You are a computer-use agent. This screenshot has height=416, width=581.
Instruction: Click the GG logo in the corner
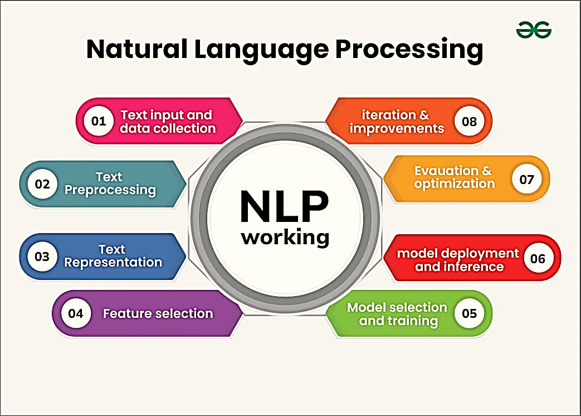533,30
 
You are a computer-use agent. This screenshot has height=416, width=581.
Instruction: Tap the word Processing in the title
408,50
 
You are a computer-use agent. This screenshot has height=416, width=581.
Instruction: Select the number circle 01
99,121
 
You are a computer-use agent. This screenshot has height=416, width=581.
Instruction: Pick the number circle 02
42,183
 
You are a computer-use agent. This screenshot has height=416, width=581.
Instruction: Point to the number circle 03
42,257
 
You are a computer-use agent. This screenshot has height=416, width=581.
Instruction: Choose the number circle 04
75,313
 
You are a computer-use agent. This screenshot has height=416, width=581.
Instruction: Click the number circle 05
469,313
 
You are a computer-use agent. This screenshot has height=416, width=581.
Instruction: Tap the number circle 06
538,259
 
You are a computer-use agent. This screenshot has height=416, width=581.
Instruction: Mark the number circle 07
526,180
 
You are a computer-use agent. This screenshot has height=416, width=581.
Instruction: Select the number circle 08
469,121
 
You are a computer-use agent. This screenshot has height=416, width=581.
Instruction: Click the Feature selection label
158,313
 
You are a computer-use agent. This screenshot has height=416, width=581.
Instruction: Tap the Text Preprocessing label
110,183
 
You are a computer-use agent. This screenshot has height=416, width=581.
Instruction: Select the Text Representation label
113,255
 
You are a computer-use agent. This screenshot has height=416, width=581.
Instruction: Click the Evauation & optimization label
454,177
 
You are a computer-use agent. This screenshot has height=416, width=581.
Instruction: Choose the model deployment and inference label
458,260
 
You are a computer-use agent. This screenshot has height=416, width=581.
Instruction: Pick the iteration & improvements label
397,121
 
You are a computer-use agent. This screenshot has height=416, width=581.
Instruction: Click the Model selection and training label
397,314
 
